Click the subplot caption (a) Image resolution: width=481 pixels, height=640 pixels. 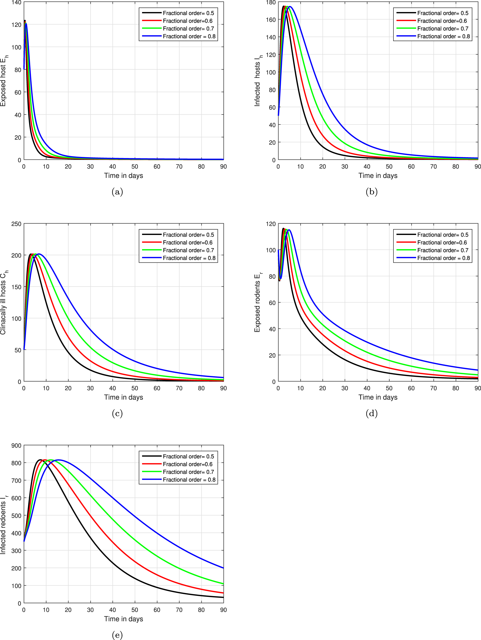(x=117, y=192)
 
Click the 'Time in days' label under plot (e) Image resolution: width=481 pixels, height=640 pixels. (x=124, y=618)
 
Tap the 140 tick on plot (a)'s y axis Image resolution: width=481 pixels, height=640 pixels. (x=16, y=3)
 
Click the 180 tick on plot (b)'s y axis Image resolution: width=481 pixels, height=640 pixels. (x=271, y=3)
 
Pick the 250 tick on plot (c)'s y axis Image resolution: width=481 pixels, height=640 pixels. (x=16, y=224)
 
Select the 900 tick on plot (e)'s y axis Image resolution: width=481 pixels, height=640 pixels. (x=16, y=446)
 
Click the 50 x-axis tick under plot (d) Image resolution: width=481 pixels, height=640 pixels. (x=389, y=388)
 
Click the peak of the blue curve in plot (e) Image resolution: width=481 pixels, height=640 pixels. (x=59, y=460)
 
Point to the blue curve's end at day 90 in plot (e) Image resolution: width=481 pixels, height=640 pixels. (x=223, y=568)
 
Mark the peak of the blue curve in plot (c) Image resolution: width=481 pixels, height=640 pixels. (x=39, y=254)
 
